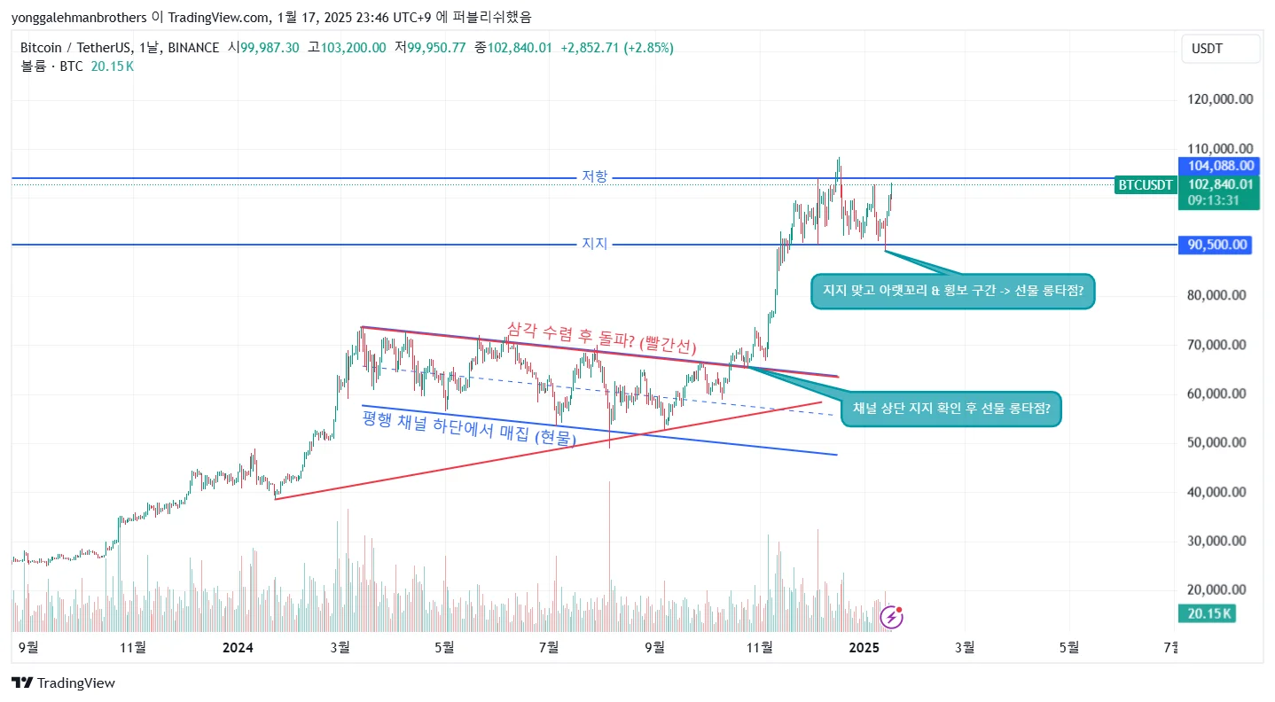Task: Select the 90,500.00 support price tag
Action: (1215, 245)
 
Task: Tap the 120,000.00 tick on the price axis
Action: (1220, 99)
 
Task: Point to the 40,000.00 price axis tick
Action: (1220, 492)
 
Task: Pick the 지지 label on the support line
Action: (594, 244)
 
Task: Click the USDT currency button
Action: (1220, 49)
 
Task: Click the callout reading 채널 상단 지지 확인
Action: (950, 409)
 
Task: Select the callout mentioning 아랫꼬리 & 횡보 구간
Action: (953, 292)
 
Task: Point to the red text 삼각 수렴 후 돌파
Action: (602, 340)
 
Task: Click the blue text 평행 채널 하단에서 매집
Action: (469, 428)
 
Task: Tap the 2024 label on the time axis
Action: (238, 648)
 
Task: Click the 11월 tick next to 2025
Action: (759, 648)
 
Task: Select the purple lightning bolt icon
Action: (890, 617)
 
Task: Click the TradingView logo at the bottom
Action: (63, 682)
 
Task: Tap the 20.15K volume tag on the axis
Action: (1206, 613)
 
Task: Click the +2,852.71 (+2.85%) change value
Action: (616, 48)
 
